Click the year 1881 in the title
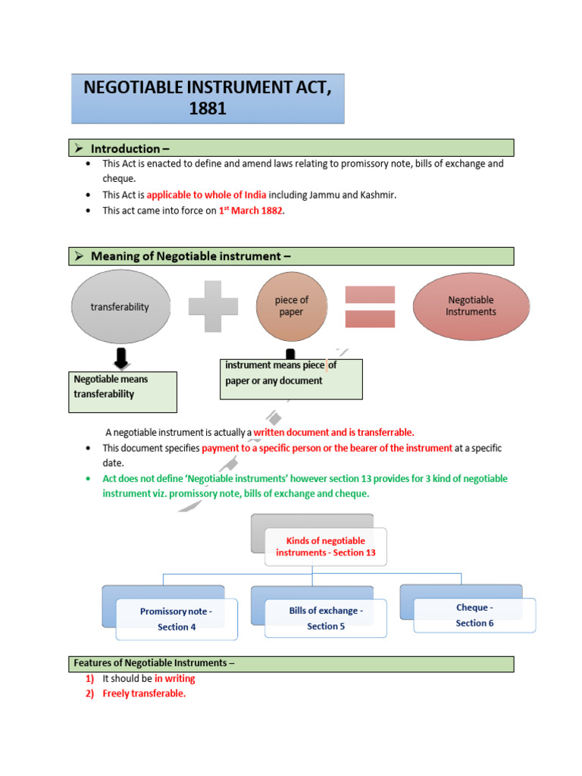click(x=208, y=109)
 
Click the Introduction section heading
click(x=125, y=148)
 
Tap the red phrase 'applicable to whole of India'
click(x=206, y=195)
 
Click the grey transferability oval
click(x=120, y=307)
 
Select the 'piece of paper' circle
click(x=291, y=306)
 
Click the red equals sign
click(x=370, y=306)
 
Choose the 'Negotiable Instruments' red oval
click(x=471, y=306)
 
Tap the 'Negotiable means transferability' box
click(x=123, y=391)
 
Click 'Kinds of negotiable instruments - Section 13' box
click(x=325, y=547)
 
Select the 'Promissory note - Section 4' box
click(x=177, y=619)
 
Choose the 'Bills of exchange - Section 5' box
click(x=326, y=618)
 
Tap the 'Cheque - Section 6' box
click(x=474, y=615)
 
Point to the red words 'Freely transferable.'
click(x=144, y=693)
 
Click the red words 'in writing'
click(x=175, y=679)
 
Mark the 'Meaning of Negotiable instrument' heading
click(x=190, y=256)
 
